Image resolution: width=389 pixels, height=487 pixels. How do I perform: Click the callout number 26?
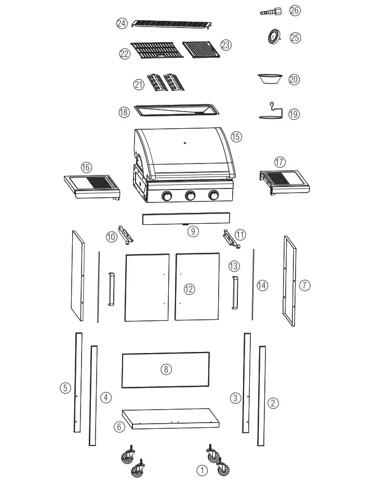click(295, 10)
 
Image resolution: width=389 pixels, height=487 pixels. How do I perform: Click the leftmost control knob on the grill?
click(167, 196)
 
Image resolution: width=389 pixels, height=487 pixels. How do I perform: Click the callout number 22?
click(125, 54)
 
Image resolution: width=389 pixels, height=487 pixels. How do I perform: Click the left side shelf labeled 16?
click(92, 186)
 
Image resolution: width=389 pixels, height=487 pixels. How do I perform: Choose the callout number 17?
click(280, 162)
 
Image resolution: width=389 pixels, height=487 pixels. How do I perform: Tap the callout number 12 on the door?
click(189, 289)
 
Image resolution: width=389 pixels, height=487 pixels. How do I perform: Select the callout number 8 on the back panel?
click(166, 369)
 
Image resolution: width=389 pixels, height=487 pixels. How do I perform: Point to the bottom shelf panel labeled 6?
click(171, 418)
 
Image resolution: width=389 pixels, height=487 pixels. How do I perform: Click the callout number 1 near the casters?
click(202, 471)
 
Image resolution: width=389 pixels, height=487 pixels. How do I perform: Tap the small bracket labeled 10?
click(126, 235)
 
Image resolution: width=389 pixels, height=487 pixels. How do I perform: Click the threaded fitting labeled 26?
click(271, 11)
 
